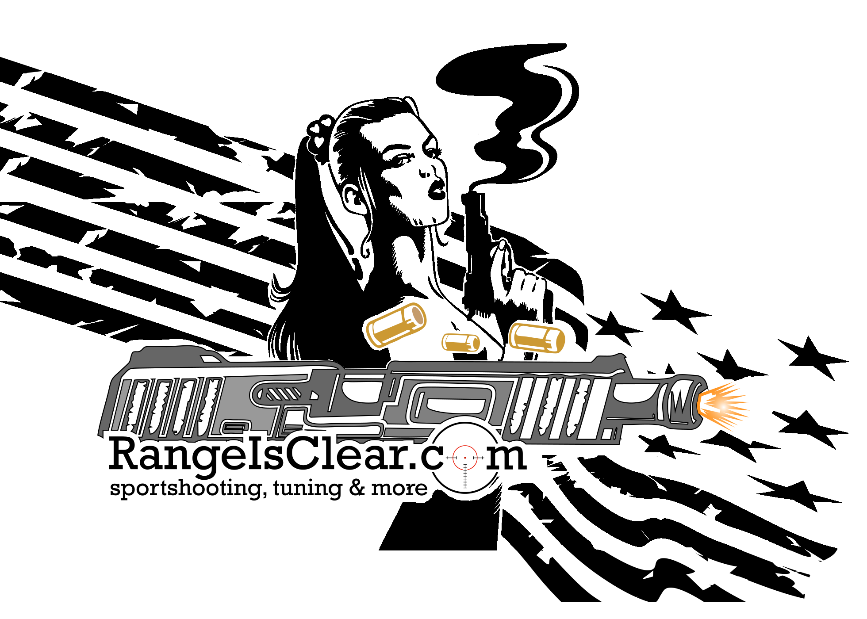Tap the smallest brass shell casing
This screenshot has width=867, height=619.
460,342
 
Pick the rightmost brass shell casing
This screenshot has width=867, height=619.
536,338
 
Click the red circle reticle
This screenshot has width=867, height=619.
465,458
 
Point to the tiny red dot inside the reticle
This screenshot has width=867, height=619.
465,458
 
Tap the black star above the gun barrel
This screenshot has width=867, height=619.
613,327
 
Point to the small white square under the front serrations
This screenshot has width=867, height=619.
607,434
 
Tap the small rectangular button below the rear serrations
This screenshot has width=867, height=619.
234,427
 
